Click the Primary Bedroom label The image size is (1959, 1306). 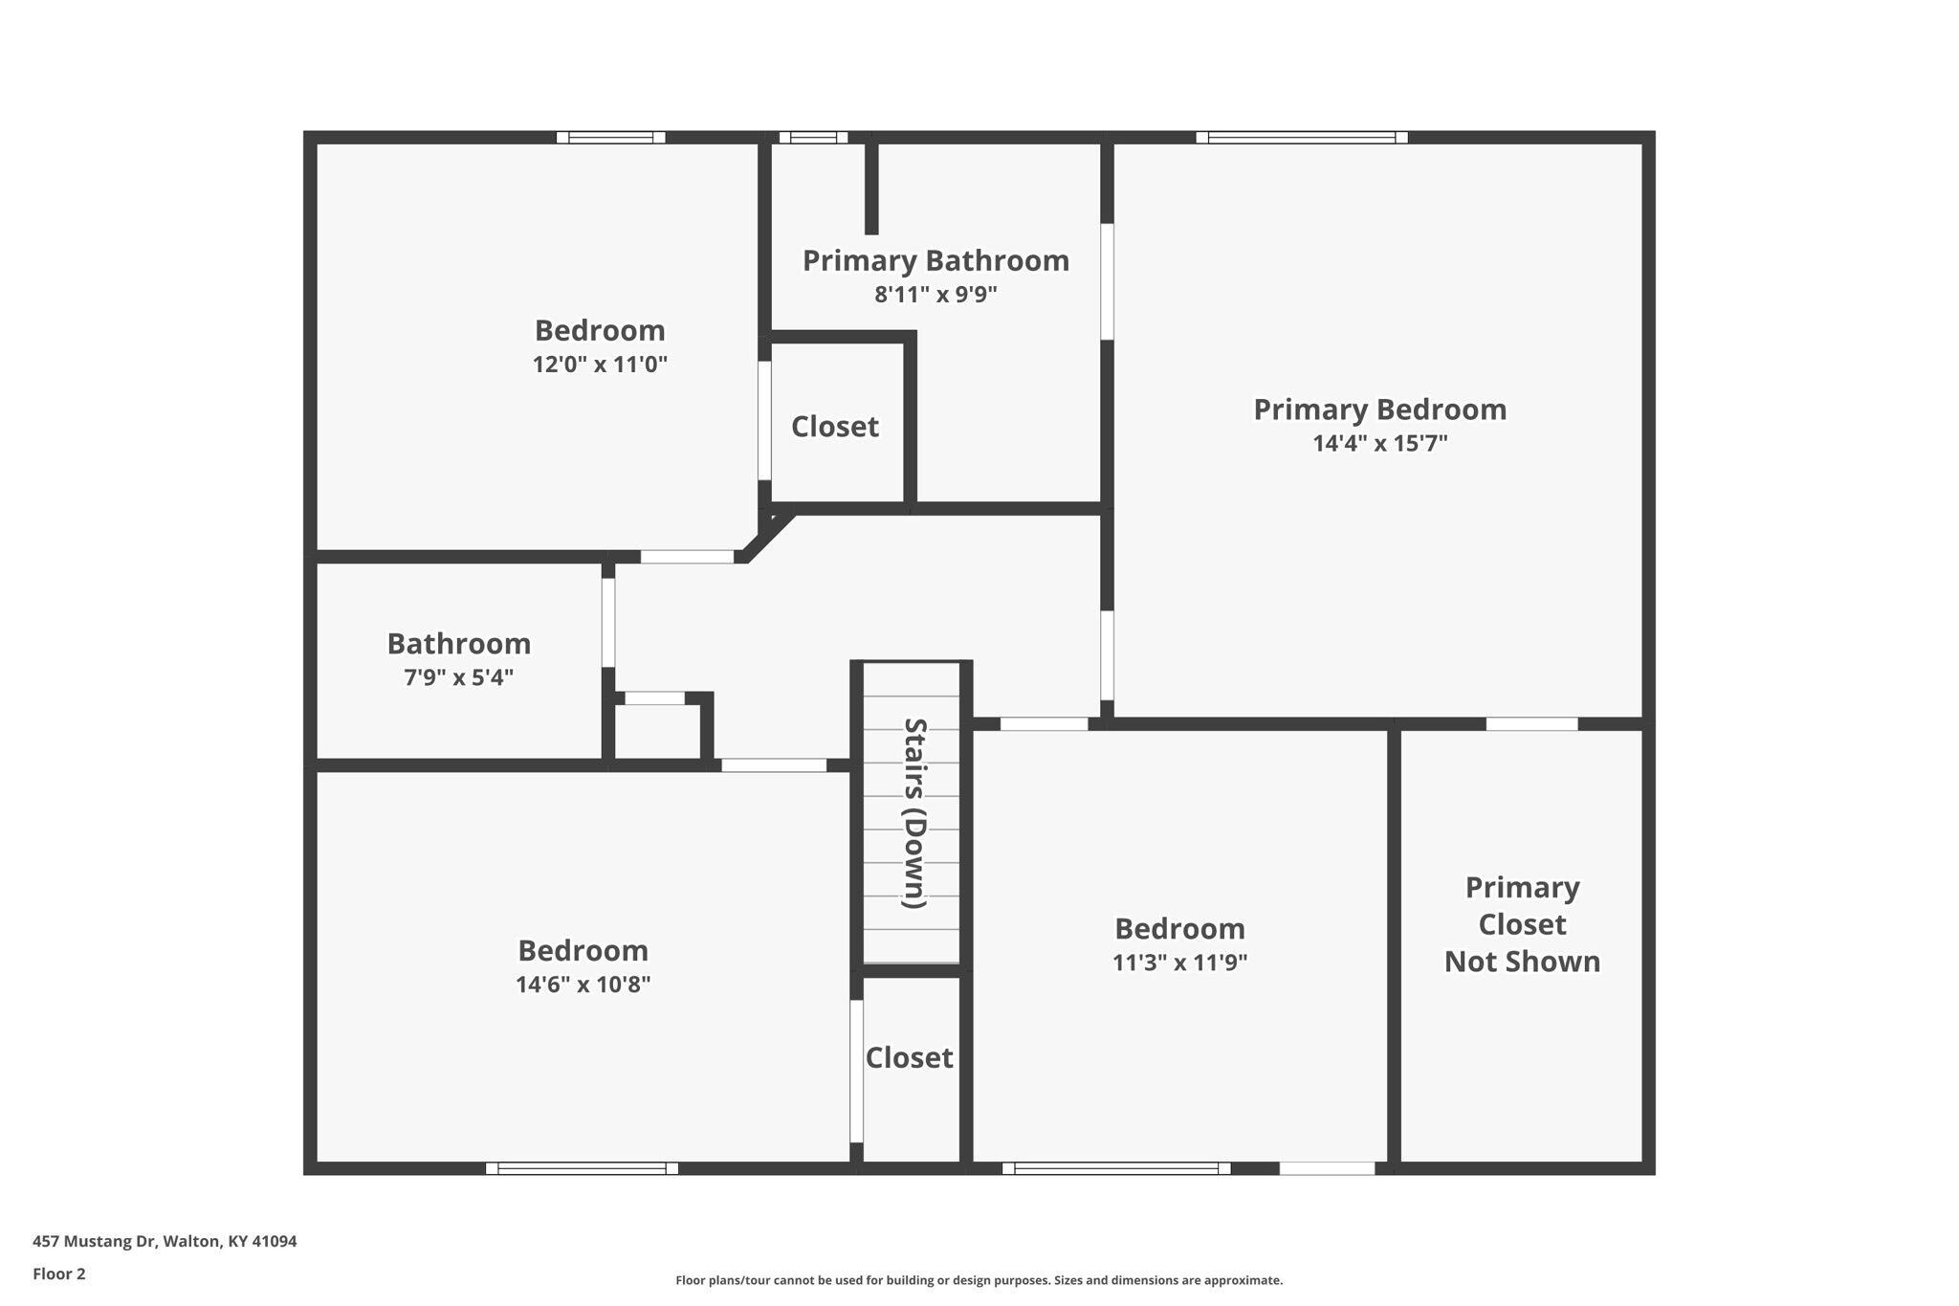tap(1379, 410)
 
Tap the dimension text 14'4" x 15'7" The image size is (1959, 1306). tap(1379, 443)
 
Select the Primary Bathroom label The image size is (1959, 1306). tap(935, 260)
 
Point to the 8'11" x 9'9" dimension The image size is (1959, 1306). tap(935, 294)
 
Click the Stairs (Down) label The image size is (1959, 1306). tap(914, 813)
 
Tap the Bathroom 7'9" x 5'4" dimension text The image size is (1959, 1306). tap(458, 677)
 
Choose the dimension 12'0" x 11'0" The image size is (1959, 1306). tap(600, 365)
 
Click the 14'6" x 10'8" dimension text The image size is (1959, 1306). tap(583, 985)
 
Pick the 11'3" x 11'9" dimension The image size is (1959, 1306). tap(1179, 963)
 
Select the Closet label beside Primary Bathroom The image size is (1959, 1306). tap(834, 427)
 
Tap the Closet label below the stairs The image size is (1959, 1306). tap(909, 1057)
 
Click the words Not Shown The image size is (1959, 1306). tap(1522, 962)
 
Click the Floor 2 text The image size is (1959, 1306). tap(59, 1273)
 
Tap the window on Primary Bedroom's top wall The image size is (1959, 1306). tap(1302, 138)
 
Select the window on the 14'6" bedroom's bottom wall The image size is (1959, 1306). tap(582, 1168)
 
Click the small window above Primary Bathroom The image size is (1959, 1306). tap(813, 138)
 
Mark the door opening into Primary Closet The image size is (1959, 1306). tap(1531, 724)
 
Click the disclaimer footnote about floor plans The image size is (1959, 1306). tap(979, 1280)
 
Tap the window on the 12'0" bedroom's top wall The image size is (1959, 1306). tap(611, 138)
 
